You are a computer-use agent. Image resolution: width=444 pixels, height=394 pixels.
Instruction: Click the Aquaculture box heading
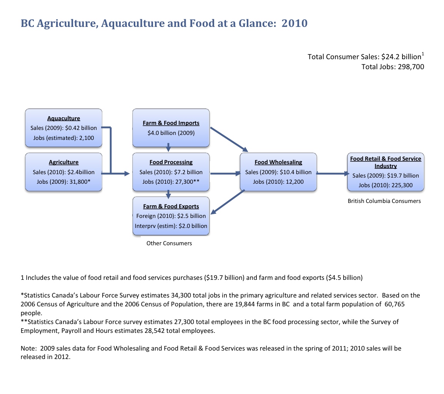tap(63, 118)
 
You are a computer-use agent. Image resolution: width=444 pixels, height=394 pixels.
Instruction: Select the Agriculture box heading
tap(63, 162)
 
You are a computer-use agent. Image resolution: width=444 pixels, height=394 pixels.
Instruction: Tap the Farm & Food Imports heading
tap(171, 123)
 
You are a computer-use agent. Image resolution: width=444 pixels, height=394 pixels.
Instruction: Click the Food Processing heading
tap(171, 162)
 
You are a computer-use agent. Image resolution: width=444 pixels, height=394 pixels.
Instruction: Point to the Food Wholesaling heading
tap(278, 162)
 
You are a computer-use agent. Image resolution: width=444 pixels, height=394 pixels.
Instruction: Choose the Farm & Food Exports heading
tap(171, 206)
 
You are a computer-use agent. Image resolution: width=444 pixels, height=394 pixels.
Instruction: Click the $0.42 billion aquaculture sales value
tap(82, 128)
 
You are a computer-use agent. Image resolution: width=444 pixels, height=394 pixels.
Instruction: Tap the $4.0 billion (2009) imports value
tap(171, 133)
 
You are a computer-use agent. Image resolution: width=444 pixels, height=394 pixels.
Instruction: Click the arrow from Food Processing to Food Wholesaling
tap(225, 174)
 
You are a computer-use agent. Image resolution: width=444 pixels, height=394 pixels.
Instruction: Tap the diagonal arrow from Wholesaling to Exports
tap(228, 202)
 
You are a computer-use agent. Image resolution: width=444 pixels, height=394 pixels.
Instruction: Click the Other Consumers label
tap(169, 243)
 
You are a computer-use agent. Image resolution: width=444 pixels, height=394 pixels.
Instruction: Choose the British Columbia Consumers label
tap(384, 201)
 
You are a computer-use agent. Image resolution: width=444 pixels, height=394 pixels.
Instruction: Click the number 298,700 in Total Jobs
tap(410, 67)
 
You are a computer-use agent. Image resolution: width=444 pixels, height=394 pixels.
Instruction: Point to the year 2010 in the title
tap(294, 23)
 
